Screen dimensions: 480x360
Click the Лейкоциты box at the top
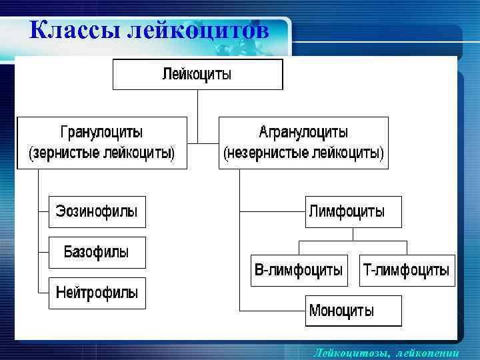(x=197, y=74)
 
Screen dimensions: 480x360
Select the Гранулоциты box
(x=101, y=143)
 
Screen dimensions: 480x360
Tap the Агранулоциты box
(x=303, y=143)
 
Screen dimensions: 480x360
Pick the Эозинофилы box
(x=97, y=213)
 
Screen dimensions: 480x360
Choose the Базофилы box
(x=97, y=253)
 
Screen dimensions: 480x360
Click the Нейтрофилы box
(x=97, y=293)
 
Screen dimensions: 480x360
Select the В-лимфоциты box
(x=299, y=271)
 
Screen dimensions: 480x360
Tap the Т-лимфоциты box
(x=407, y=271)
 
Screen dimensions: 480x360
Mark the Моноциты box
(x=353, y=311)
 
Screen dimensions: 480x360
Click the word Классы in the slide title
(x=73, y=31)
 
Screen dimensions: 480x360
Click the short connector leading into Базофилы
(x=43, y=253)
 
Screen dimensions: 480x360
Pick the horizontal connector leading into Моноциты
(x=272, y=311)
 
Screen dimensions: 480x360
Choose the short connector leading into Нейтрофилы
(x=43, y=293)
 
